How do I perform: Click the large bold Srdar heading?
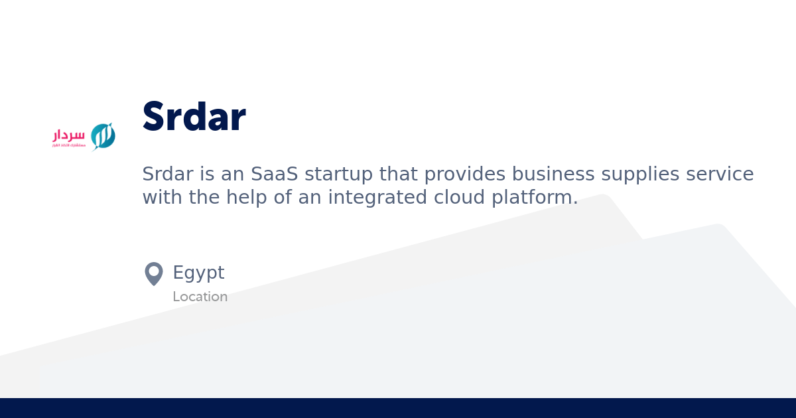pyautogui.click(x=194, y=117)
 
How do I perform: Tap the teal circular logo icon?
pyautogui.click(x=103, y=136)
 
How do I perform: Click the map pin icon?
pyautogui.click(x=154, y=273)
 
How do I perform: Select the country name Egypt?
pyautogui.click(x=198, y=273)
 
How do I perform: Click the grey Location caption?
pyautogui.click(x=200, y=297)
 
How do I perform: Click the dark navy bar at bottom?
pyautogui.click(x=398, y=408)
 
